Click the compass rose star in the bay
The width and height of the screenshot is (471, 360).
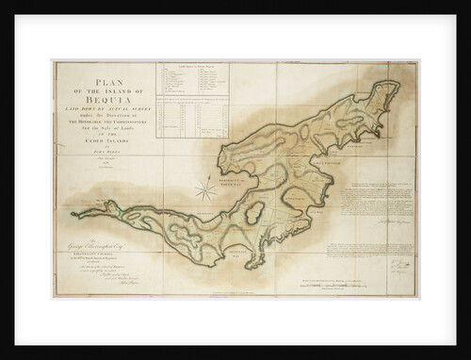[205, 188]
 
